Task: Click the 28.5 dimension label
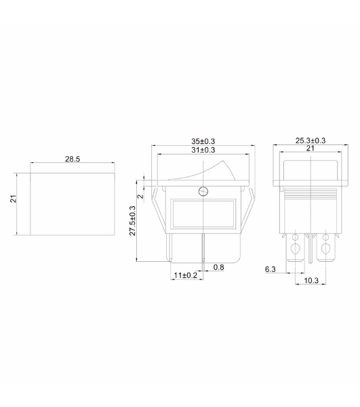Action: point(73,159)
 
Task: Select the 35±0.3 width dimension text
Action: point(203,141)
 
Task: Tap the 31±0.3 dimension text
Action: point(203,150)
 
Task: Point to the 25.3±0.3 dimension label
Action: point(311,140)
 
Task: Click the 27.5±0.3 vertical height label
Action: point(133,220)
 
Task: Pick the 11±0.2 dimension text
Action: point(186,275)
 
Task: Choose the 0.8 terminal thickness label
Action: point(219,267)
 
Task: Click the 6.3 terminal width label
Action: point(271,269)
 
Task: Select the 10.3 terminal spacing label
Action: point(311,280)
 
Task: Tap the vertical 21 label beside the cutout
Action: point(14,199)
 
